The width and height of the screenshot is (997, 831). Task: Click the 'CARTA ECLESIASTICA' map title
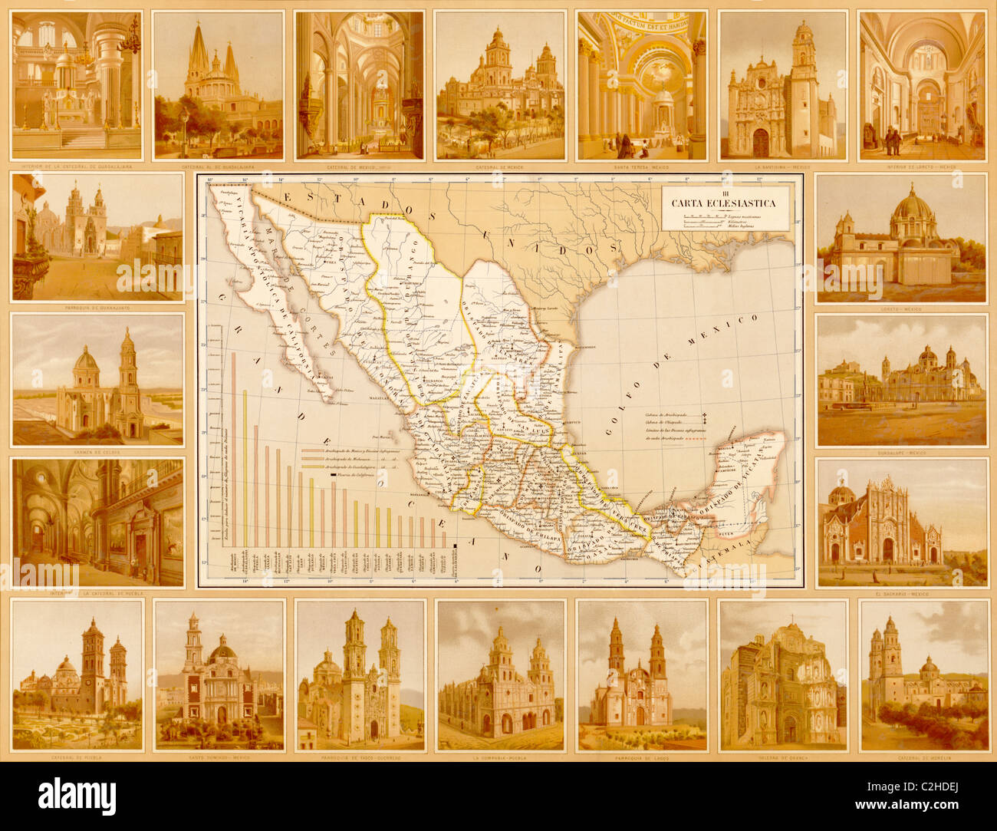723,203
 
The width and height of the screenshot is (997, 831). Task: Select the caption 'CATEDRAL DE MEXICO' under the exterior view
498,167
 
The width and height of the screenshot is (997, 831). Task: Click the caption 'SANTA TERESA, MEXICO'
640,167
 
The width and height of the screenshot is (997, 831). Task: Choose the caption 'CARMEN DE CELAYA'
97,453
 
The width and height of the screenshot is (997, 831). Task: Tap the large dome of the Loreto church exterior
913,206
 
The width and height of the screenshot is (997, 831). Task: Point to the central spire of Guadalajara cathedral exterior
199,54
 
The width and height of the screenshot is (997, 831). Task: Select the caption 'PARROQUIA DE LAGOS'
640,757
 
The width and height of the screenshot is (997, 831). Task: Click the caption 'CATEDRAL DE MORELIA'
923,757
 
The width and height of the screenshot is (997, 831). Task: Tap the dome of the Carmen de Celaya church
86,359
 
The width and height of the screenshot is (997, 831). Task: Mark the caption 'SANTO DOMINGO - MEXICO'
219,757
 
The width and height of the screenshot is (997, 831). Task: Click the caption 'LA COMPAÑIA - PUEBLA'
498,757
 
